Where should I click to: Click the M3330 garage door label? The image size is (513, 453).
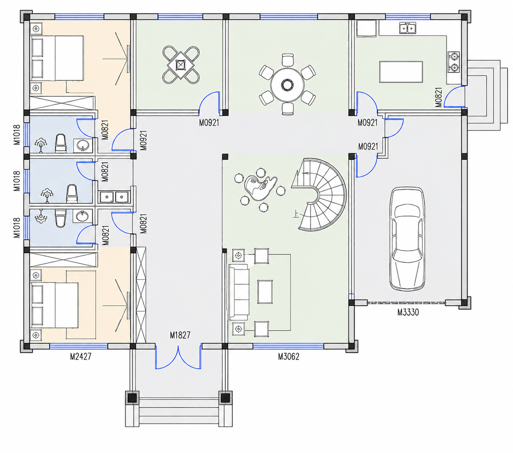408,312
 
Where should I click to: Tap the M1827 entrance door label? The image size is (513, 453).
180,335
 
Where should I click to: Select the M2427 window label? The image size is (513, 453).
80,356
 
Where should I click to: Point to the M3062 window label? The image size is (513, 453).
288,356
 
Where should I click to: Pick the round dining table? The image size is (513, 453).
287,85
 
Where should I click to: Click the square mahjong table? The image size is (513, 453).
180,65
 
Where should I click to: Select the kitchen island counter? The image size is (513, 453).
401,71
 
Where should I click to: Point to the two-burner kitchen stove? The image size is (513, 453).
453,62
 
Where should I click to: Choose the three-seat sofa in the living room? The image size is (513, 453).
238,292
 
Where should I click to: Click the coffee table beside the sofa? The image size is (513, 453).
265,292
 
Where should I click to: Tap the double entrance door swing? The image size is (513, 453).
178,356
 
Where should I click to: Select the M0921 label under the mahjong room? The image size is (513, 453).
209,123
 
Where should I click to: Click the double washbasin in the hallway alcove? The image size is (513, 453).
114,197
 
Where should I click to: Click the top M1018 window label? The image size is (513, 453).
17,134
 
